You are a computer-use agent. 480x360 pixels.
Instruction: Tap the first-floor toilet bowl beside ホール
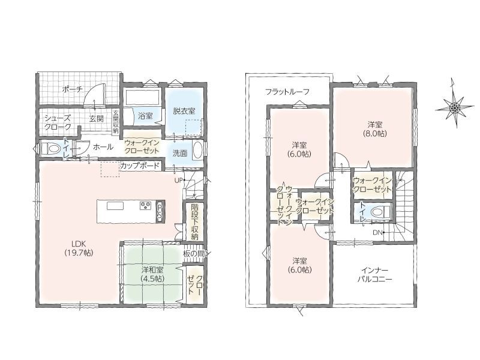point(51,149)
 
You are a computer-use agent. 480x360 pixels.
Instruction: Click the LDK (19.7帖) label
point(79,248)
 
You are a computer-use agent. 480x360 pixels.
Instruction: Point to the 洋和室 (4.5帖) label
point(152,274)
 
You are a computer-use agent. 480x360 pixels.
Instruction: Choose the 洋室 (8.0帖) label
point(375,129)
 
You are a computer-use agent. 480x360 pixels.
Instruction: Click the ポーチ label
point(72,89)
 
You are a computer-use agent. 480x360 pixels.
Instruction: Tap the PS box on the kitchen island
point(160,211)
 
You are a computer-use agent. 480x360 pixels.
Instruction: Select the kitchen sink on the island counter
point(115,206)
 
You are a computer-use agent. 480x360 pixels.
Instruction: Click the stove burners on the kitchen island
point(145,205)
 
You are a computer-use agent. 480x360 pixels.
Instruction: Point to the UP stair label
point(178,180)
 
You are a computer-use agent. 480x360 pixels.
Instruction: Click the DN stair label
point(377,232)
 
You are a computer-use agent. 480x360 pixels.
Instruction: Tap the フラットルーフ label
point(287,92)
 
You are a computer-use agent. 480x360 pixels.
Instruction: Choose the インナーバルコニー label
point(374,275)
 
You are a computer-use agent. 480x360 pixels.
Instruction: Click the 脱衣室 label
point(184,111)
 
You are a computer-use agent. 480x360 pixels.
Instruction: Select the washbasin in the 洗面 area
point(197,151)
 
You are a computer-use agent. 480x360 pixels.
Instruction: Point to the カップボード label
point(140,166)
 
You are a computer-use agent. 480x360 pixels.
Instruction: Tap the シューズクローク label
point(58,122)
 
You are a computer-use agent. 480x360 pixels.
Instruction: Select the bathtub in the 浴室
point(142,97)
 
